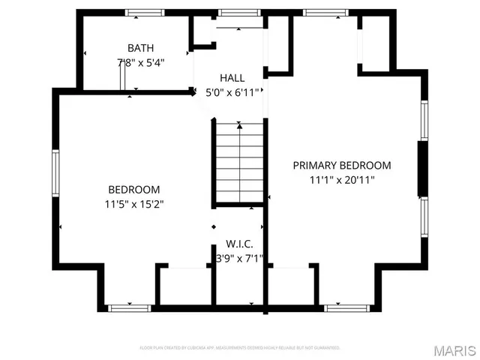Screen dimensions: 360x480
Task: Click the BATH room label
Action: pyautogui.click(x=140, y=48)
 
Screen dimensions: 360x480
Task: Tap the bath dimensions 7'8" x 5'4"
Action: pyautogui.click(x=140, y=62)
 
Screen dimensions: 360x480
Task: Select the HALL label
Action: pyautogui.click(x=232, y=78)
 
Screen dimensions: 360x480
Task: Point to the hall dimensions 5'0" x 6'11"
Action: pyautogui.click(x=232, y=92)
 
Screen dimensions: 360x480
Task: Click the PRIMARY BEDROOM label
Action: pyautogui.click(x=341, y=165)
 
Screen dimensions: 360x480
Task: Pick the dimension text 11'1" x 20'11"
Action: pyautogui.click(x=341, y=180)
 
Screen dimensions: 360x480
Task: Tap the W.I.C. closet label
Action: pyautogui.click(x=239, y=244)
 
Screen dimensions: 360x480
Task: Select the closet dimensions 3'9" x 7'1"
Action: pyautogui.click(x=239, y=259)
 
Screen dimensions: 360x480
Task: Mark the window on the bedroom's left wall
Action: pyautogui.click(x=55, y=173)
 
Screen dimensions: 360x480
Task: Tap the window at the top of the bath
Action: pyautogui.click(x=145, y=13)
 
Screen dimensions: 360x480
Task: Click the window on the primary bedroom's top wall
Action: pyautogui.click(x=325, y=13)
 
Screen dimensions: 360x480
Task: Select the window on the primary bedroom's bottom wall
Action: pyautogui.click(x=347, y=307)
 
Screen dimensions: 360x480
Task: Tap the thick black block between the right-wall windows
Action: pyautogui.click(x=423, y=168)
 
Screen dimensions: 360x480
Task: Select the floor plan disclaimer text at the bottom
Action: pyautogui.click(x=240, y=348)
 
